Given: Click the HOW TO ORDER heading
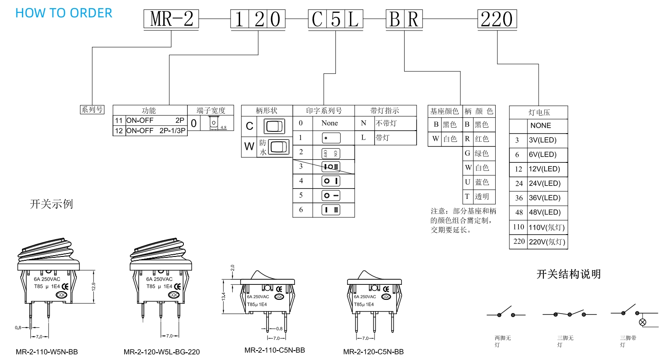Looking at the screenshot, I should (64, 13).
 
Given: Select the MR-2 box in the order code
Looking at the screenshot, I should (171, 19).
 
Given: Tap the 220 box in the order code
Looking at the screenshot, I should (497, 19).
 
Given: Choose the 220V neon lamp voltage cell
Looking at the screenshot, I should (547, 241).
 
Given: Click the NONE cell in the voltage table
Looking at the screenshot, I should (540, 125).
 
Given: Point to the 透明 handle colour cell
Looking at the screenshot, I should (482, 196).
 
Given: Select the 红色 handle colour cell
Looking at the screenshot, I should (482, 139).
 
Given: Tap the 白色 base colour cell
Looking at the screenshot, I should (450, 139).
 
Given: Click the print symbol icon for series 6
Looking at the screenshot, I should (331, 210).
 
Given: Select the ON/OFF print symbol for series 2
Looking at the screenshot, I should (331, 153).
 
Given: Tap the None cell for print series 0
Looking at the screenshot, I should (329, 123).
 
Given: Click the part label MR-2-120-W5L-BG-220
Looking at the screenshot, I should (161, 352).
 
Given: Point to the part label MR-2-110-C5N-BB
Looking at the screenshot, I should (274, 350).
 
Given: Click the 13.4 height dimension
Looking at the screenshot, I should (223, 296).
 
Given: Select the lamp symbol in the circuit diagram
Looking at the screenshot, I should (643, 322).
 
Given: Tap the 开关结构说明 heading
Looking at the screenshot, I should (568, 274).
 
